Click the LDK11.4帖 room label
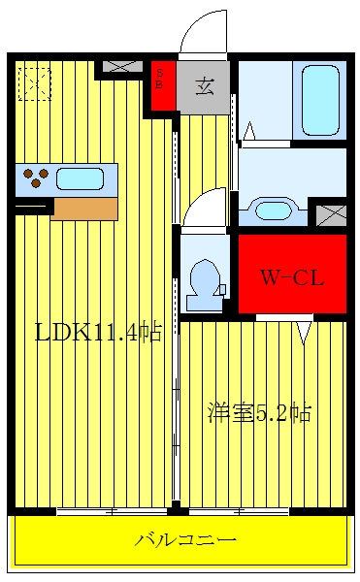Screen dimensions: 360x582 click(98, 332)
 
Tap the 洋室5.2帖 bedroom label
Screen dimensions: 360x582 click(259, 412)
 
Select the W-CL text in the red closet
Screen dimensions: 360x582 click(292, 277)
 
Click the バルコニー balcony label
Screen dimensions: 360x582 click(184, 539)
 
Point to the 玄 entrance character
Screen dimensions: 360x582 click(205, 86)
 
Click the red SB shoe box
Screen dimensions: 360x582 click(163, 85)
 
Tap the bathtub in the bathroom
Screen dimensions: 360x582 click(320, 101)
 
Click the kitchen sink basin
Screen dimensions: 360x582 click(80, 178)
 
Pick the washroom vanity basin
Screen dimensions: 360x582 click(273, 210)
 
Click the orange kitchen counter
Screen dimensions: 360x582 click(85, 209)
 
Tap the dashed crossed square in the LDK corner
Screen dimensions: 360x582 click(35, 83)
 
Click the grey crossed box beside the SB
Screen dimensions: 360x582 click(123, 67)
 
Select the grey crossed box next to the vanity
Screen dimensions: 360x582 click(331, 215)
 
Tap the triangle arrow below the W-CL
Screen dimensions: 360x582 click(305, 333)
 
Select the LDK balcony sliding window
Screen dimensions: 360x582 click(113, 511)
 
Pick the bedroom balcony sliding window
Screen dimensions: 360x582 click(240, 511)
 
